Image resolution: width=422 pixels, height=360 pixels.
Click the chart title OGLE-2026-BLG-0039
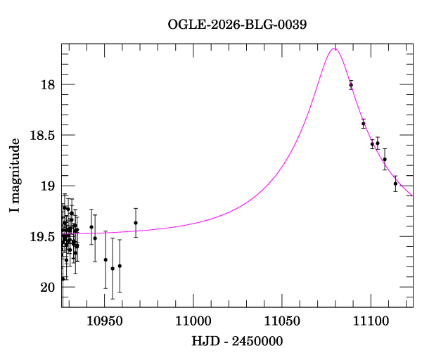pyautogui.click(x=237, y=24)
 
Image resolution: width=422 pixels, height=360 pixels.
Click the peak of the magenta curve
pyautogui.click(x=335, y=49)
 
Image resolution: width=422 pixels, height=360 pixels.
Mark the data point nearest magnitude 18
pyautogui.click(x=351, y=84)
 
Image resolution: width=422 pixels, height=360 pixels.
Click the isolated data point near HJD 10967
pyautogui.click(x=136, y=223)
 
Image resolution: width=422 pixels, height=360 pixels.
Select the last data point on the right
pyautogui.click(x=395, y=184)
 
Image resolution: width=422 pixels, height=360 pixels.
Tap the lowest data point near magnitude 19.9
pyautogui.click(x=63, y=278)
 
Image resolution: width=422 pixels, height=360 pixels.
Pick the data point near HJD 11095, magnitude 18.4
pyautogui.click(x=364, y=124)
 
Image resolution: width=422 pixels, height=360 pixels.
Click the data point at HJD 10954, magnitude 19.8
pyautogui.click(x=113, y=269)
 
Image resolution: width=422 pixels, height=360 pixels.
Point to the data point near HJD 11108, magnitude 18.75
pyautogui.click(x=385, y=160)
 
